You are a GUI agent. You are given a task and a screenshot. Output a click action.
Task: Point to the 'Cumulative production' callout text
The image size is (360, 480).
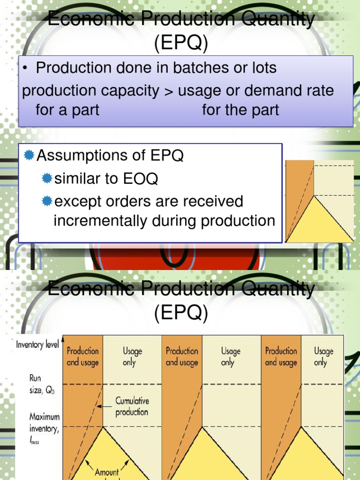[132, 406]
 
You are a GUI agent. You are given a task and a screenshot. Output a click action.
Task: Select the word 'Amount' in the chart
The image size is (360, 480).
[107, 472]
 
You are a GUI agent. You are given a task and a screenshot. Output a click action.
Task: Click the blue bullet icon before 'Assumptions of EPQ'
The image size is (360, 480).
[29, 156]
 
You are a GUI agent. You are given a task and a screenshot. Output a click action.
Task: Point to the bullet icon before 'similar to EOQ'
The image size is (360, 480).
[46, 179]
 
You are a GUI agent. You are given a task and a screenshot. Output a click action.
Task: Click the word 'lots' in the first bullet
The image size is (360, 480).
[265, 68]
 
